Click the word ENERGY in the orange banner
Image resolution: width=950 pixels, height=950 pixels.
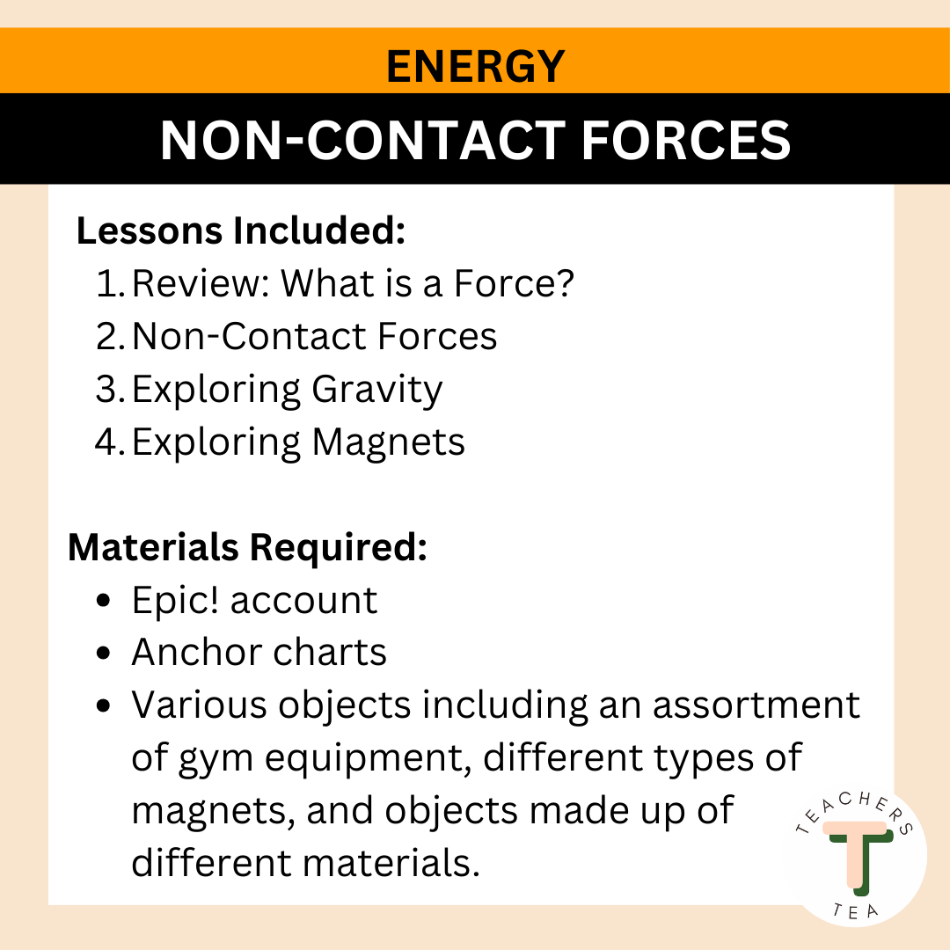(x=476, y=66)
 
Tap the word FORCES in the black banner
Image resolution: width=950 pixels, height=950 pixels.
(x=686, y=140)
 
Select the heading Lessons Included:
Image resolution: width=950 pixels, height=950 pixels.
(x=240, y=230)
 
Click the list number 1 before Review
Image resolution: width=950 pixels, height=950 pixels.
(x=110, y=283)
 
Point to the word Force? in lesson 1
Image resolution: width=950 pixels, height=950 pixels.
(x=514, y=283)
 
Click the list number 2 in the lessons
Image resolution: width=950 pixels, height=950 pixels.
(x=110, y=336)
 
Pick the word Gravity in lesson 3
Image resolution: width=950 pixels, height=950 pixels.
(x=377, y=391)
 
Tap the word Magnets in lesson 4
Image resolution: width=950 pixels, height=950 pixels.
(x=389, y=442)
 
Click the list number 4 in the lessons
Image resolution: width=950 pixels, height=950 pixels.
(x=110, y=442)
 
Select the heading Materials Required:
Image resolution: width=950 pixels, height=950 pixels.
(x=248, y=547)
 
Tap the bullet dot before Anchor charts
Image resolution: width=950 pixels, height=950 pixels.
(x=104, y=653)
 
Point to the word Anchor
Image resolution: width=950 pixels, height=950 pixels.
(x=196, y=653)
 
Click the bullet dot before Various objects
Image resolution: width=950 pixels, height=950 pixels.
(x=104, y=705)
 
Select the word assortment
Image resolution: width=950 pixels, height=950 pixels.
(x=756, y=705)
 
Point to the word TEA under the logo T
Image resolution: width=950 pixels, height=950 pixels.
(x=855, y=911)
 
